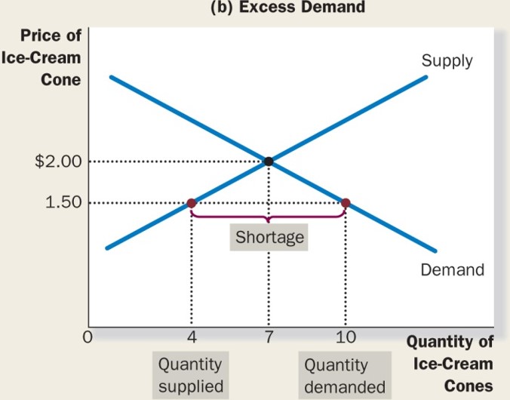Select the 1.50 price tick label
pyautogui.click(x=63, y=203)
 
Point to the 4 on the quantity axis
pyautogui.click(x=190, y=337)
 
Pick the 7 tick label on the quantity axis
pyautogui.click(x=269, y=337)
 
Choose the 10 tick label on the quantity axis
pyautogui.click(x=346, y=337)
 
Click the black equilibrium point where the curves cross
pyautogui.click(x=269, y=161)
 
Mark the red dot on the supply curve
pyautogui.click(x=191, y=203)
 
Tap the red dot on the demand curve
pyautogui.click(x=346, y=203)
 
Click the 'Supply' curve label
pyautogui.click(x=447, y=60)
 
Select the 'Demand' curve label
pyautogui.click(x=453, y=269)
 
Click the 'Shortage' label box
pyautogui.click(x=269, y=238)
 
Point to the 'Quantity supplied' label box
pyautogui.click(x=190, y=375)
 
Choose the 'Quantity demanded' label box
pyautogui.click(x=344, y=376)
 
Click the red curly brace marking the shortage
pyautogui.click(x=268, y=217)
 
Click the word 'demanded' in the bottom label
pyautogui.click(x=344, y=386)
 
